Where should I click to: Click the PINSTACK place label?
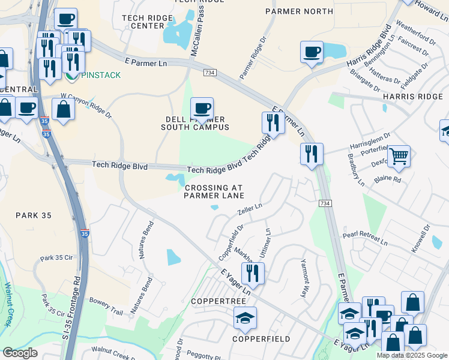(100, 75)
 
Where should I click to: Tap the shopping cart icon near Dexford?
(399, 156)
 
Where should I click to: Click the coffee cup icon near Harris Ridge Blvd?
(311, 52)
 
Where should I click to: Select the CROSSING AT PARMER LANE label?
(214, 191)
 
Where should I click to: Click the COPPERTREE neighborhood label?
(215, 300)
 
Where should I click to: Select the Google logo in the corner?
(20, 353)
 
